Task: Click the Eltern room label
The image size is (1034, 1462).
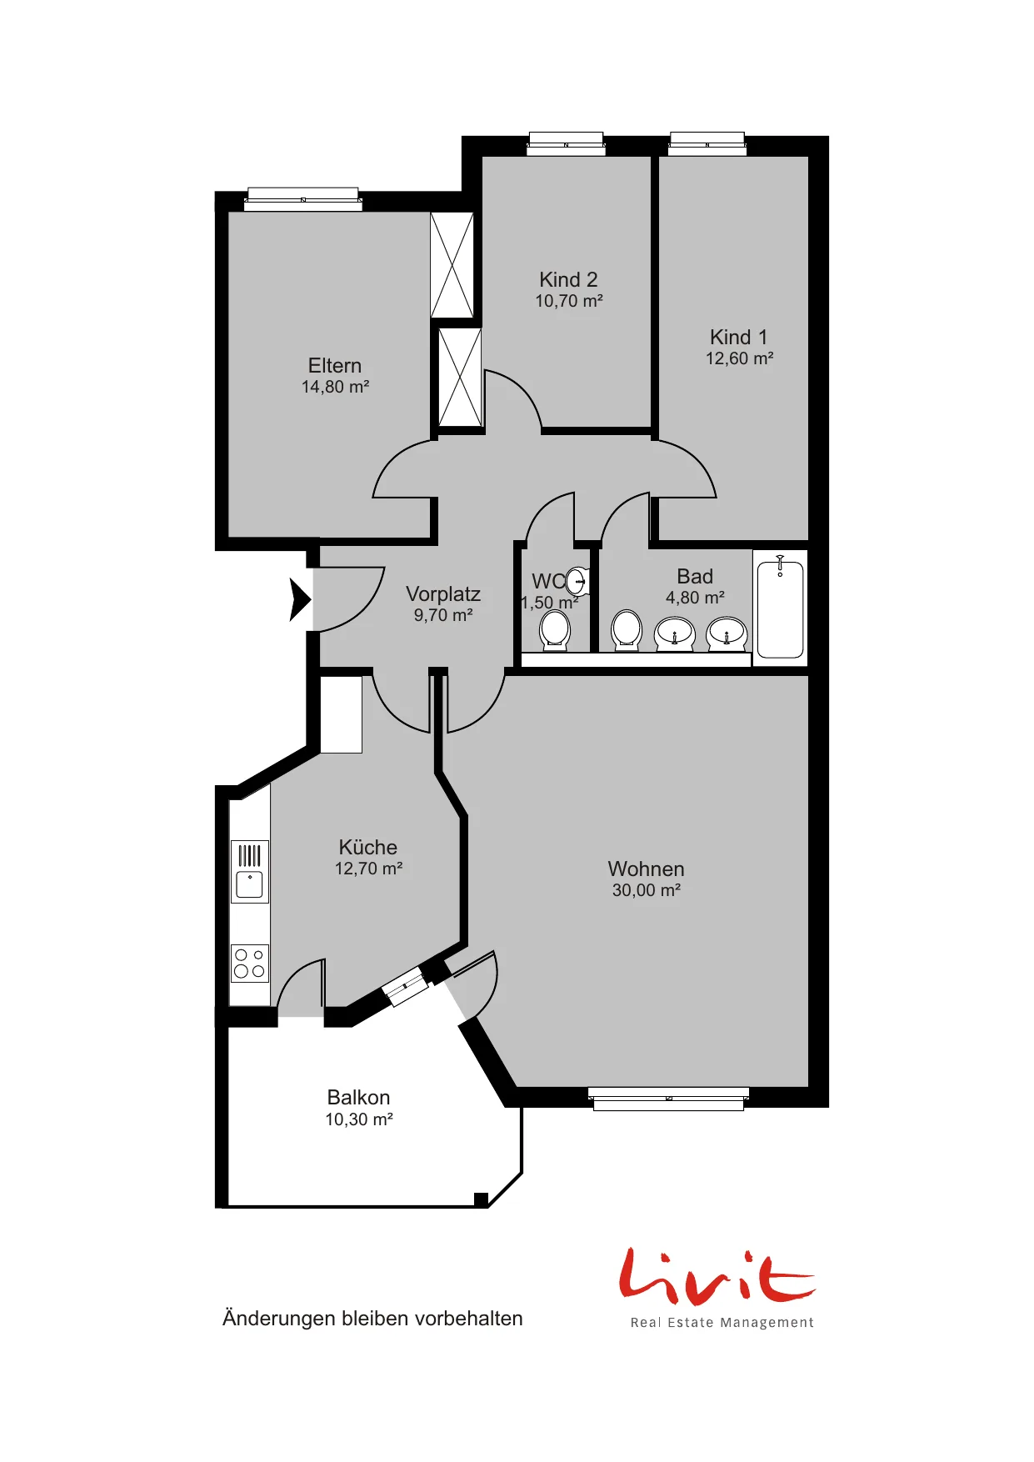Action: (x=335, y=366)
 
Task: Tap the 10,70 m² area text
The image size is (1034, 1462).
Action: (x=569, y=301)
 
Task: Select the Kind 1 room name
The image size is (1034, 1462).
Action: (x=738, y=337)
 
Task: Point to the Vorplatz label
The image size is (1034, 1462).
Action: (x=443, y=594)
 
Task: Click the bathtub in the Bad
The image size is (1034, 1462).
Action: (x=781, y=608)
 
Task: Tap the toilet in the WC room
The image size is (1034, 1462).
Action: (x=555, y=630)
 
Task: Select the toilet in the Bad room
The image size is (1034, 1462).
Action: (x=627, y=630)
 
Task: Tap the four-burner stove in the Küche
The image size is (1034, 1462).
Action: (x=250, y=964)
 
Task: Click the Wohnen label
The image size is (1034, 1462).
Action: (x=647, y=869)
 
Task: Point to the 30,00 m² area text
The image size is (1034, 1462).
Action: (x=647, y=890)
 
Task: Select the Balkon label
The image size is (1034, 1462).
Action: (x=358, y=1098)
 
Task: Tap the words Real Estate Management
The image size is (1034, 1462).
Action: (x=722, y=1323)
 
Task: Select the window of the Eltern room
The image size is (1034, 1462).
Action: (x=303, y=200)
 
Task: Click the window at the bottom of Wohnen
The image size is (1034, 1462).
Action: (x=668, y=1099)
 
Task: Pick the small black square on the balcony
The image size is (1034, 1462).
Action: (x=481, y=1199)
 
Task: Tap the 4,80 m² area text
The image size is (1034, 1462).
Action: (x=695, y=598)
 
